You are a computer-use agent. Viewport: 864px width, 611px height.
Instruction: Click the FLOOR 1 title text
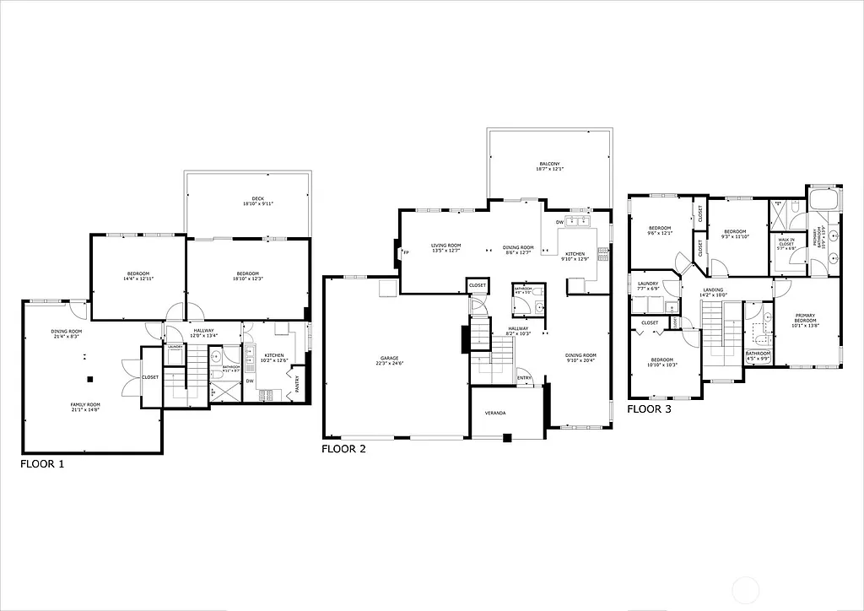click(42, 463)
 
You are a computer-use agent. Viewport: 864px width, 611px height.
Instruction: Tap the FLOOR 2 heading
click(343, 449)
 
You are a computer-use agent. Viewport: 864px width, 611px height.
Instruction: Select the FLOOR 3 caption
click(649, 409)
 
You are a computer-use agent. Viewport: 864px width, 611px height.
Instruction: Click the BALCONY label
click(549, 166)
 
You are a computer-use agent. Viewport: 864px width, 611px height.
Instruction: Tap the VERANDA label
click(495, 414)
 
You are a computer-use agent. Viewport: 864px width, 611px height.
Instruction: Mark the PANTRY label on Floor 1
click(299, 385)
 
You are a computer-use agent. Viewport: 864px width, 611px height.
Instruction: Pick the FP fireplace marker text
click(406, 251)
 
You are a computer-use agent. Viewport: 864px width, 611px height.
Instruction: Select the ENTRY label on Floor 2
click(524, 377)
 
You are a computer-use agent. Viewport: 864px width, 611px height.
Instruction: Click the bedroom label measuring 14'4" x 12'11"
click(138, 275)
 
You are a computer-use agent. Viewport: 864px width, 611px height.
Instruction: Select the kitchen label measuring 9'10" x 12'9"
click(575, 256)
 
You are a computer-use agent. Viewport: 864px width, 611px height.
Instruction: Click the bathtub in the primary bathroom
click(824, 200)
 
